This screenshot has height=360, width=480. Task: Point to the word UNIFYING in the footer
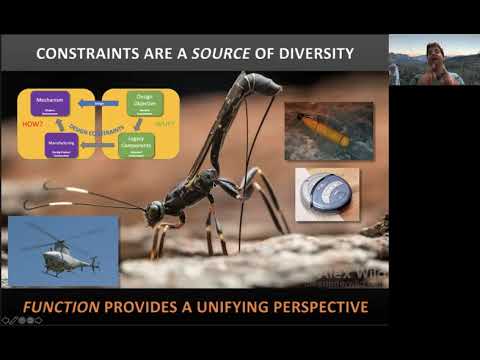point(220,306)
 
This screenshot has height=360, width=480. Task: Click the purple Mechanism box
point(48,103)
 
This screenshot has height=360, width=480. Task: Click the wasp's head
point(155,212)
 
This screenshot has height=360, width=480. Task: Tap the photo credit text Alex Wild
point(349,271)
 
